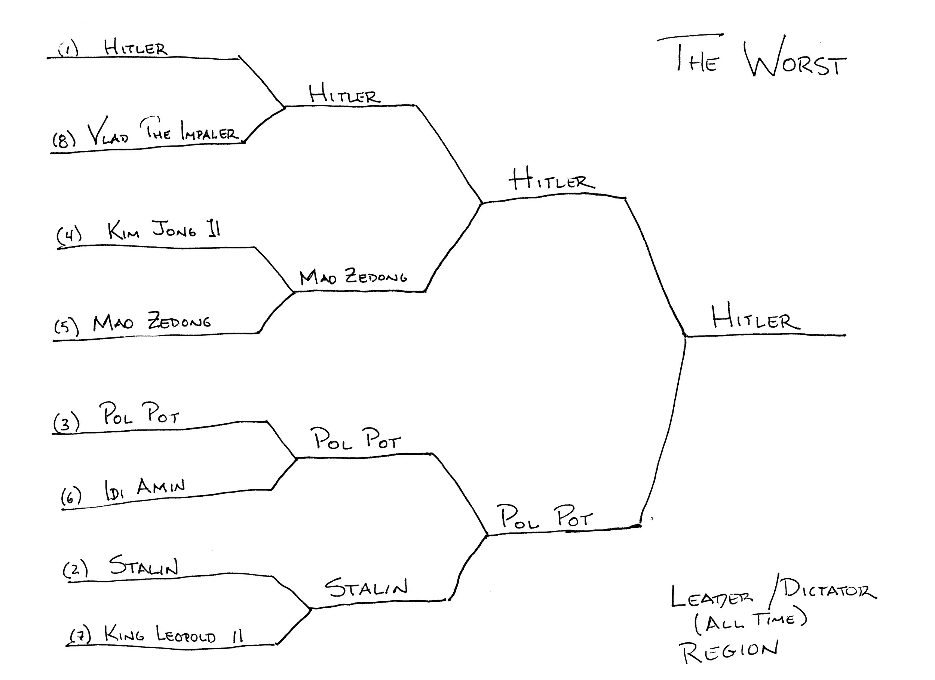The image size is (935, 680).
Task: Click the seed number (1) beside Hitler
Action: pyautogui.click(x=68, y=50)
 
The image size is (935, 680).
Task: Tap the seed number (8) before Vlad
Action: pyautogui.click(x=64, y=140)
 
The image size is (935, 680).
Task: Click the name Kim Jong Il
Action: pyautogui.click(x=164, y=230)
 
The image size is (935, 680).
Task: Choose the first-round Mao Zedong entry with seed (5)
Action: pyautogui.click(x=151, y=321)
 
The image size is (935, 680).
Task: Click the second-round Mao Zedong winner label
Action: pyautogui.click(x=353, y=276)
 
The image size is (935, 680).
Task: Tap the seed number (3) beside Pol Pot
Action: pyautogui.click(x=66, y=423)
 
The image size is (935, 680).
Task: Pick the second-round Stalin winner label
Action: pyautogui.click(x=366, y=587)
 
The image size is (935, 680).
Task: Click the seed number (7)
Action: pyautogui.click(x=80, y=635)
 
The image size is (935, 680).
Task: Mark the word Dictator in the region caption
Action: pyautogui.click(x=829, y=590)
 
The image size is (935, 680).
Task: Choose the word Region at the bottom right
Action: pyautogui.click(x=729, y=651)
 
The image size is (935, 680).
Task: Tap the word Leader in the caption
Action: pyautogui.click(x=711, y=597)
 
